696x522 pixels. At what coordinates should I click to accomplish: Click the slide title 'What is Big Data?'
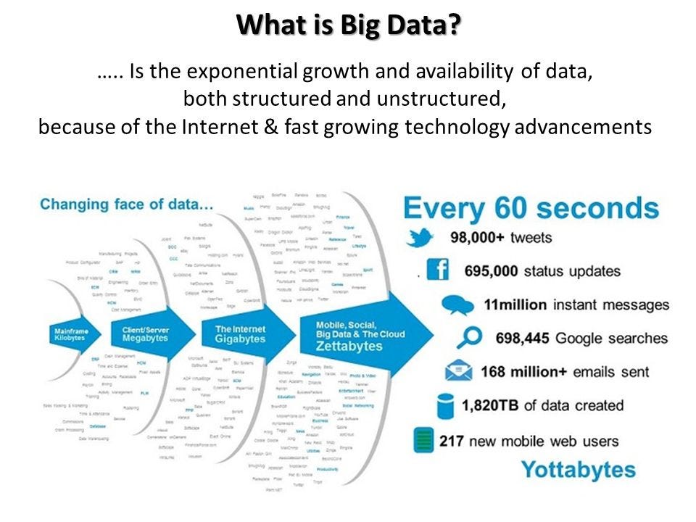(348, 25)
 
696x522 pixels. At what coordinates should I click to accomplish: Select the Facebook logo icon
(437, 270)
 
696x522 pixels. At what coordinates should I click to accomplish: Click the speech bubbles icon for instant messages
(457, 304)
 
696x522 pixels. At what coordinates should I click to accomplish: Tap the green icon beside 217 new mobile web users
(423, 439)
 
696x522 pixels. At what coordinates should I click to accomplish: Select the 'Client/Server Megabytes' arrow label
(141, 333)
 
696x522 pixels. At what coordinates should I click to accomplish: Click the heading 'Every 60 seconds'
(531, 208)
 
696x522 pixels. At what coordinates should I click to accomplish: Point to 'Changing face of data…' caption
(127, 204)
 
